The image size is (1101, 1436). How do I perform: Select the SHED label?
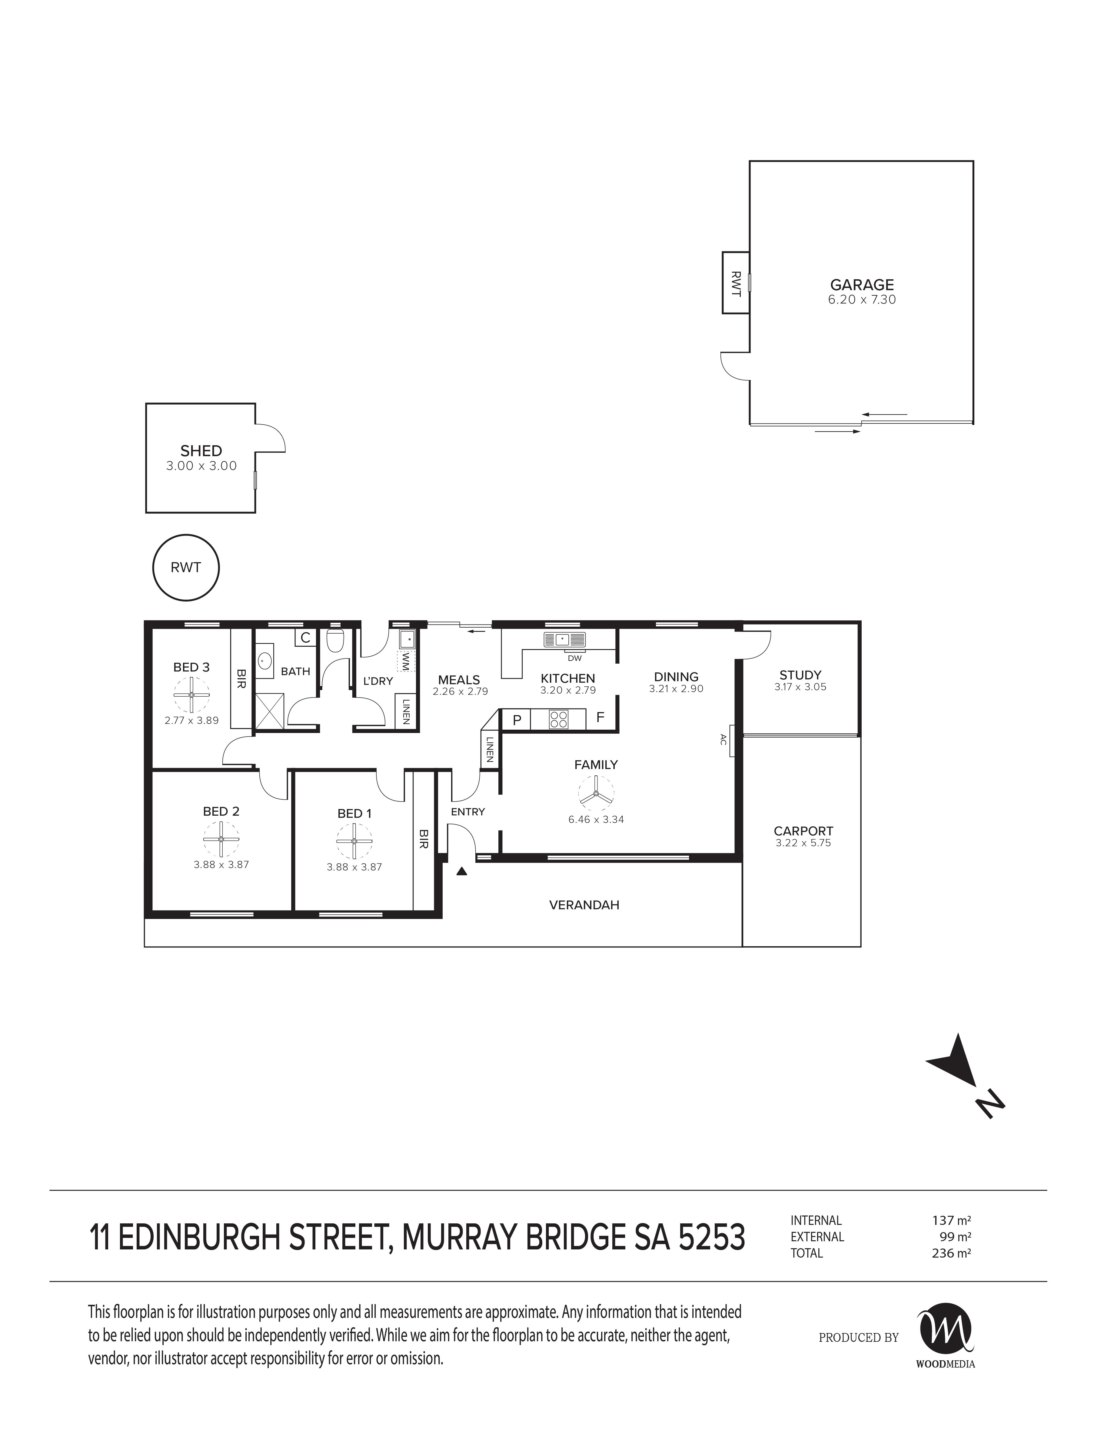(x=201, y=451)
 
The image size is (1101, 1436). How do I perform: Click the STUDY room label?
(x=800, y=675)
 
